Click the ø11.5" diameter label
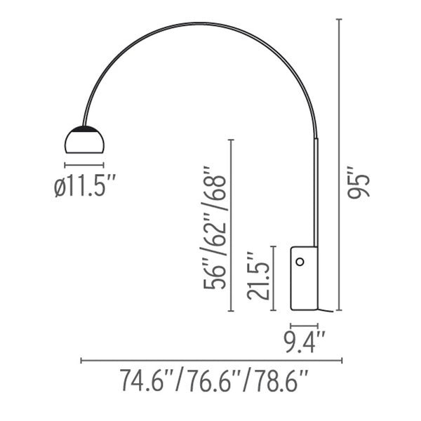pyautogui.click(x=85, y=187)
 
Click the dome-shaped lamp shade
pyautogui.click(x=85, y=140)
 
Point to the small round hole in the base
pyautogui.click(x=300, y=262)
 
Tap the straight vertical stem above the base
pyautogui.click(x=316, y=189)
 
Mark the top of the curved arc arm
pyautogui.click(x=203, y=22)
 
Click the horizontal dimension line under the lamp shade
pyautogui.click(x=85, y=166)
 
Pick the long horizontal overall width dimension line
pyautogui.click(x=211, y=361)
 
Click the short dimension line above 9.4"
pyautogui.click(x=305, y=326)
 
